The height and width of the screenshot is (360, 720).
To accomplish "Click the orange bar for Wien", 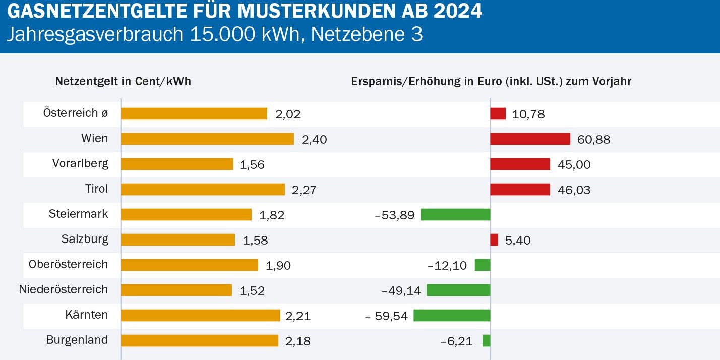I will pyautogui.click(x=207, y=139).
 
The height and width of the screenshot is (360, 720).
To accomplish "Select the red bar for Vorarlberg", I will pyautogui.click(x=520, y=164).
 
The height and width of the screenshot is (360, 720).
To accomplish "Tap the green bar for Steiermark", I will pyautogui.click(x=455, y=215).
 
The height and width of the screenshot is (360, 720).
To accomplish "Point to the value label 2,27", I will pyautogui.click(x=304, y=190).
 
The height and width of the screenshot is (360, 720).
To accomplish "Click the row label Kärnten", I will pyautogui.click(x=86, y=315).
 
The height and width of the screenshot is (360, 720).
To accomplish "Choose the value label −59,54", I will pyautogui.click(x=386, y=316).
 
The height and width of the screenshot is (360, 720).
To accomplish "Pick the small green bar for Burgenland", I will pyautogui.click(x=486, y=341).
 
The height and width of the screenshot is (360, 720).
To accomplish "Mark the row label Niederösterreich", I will pyautogui.click(x=64, y=290).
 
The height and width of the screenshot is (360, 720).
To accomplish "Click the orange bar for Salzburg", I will pyautogui.click(x=178, y=240).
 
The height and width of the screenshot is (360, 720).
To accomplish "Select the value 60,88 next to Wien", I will pyautogui.click(x=593, y=140).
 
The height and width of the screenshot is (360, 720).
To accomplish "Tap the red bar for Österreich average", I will pyautogui.click(x=498, y=114).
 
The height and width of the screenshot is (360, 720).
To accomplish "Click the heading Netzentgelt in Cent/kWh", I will pyautogui.click(x=123, y=81).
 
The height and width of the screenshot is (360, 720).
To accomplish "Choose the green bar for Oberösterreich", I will pyautogui.click(x=482, y=265).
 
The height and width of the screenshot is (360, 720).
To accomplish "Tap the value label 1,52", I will pyautogui.click(x=253, y=291).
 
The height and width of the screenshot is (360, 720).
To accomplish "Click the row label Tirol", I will pyautogui.click(x=96, y=189).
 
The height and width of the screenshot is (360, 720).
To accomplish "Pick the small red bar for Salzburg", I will pyautogui.click(x=494, y=240).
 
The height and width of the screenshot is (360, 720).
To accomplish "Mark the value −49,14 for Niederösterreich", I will pyautogui.click(x=401, y=291).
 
